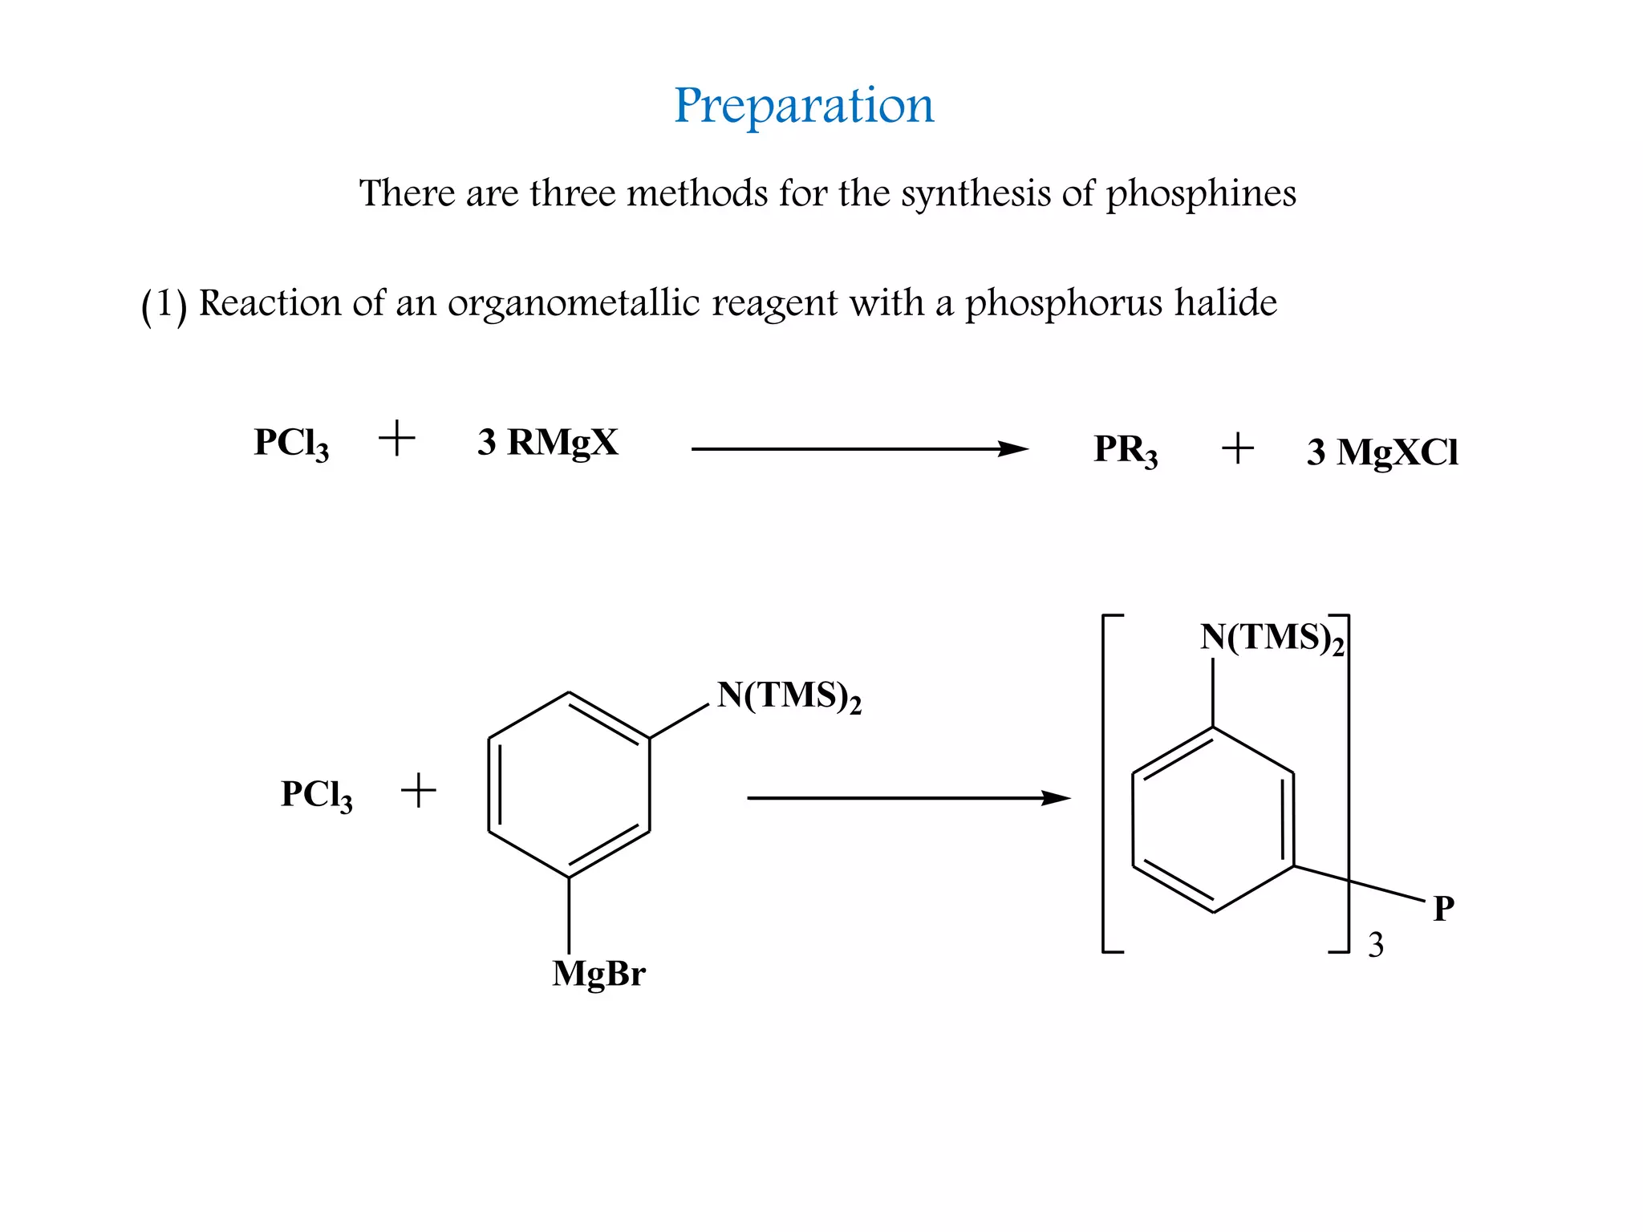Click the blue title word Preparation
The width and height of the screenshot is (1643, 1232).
click(x=804, y=105)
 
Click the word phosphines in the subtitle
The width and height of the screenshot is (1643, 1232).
click(x=1200, y=194)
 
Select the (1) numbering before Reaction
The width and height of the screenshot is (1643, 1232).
click(x=164, y=305)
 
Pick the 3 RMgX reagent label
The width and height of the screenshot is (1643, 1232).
click(x=548, y=442)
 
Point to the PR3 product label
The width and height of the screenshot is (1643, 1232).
click(x=1125, y=450)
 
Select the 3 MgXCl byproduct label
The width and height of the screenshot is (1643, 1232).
click(x=1381, y=452)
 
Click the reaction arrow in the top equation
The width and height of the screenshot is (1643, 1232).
click(x=859, y=449)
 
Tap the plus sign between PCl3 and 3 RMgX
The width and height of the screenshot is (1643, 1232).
click(x=396, y=440)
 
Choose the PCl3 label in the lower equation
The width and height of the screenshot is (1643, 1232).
click(x=316, y=795)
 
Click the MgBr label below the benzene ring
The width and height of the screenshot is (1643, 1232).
click(x=598, y=974)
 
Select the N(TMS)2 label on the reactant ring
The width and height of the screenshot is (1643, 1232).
click(x=789, y=695)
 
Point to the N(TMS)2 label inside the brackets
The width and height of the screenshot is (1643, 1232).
click(x=1272, y=638)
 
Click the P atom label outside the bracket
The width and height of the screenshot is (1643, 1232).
click(x=1443, y=909)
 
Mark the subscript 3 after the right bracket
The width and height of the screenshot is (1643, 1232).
click(x=1376, y=946)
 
